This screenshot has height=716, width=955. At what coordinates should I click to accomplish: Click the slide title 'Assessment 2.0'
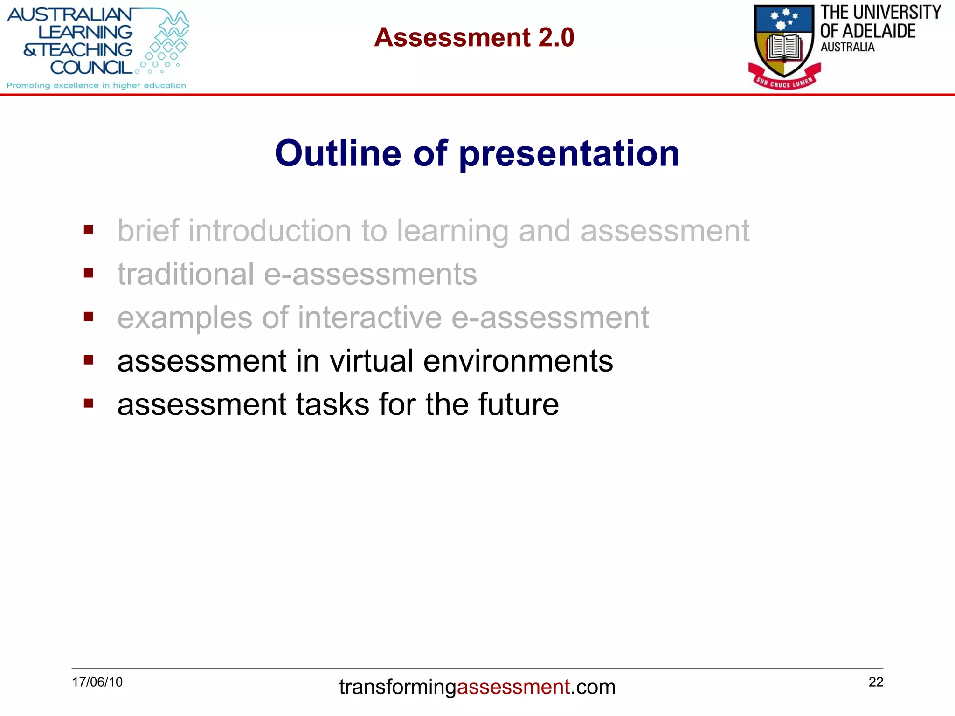[474, 37]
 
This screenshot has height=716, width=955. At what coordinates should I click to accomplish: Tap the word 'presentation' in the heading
[569, 154]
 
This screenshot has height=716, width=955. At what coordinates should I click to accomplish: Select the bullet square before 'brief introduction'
[89, 230]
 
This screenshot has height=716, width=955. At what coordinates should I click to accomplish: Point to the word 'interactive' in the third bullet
[369, 317]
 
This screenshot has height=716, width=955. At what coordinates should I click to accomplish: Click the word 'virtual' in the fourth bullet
[371, 361]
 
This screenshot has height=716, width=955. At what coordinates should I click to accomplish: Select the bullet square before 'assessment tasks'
[89, 403]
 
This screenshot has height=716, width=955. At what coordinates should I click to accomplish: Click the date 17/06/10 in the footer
[97, 682]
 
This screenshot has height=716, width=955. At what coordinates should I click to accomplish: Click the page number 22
[876, 682]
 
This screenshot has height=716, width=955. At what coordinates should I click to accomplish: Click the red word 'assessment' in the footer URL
[513, 687]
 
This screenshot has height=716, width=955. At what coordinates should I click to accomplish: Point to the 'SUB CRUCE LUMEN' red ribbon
[784, 82]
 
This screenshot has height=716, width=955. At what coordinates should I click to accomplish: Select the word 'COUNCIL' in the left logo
[91, 68]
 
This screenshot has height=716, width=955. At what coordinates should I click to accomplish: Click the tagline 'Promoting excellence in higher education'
[96, 85]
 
